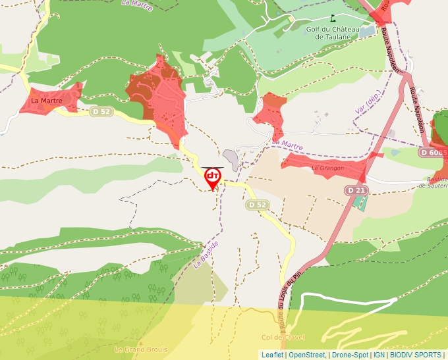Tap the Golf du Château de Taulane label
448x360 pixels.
click(x=332, y=33)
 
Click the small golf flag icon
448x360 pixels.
click(x=333, y=18)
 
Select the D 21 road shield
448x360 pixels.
click(x=356, y=190)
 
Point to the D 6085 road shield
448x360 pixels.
click(x=433, y=152)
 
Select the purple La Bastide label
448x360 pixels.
click(x=206, y=253)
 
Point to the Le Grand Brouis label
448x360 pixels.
click(x=140, y=349)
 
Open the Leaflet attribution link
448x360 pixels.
click(x=272, y=355)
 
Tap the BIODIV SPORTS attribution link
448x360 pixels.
click(x=415, y=355)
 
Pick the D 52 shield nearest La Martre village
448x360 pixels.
click(x=101, y=112)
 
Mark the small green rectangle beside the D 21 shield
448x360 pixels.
click(x=360, y=201)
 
